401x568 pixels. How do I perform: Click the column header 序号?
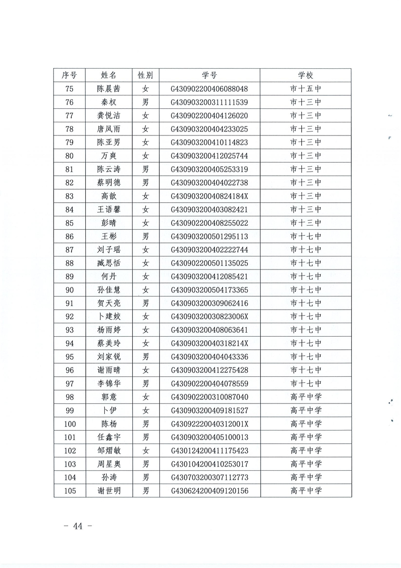(x=69, y=75)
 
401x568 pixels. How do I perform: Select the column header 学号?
(x=210, y=75)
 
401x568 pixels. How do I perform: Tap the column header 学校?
(x=305, y=75)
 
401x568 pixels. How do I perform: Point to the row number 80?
(x=69, y=156)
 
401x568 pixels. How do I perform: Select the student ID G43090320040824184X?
(x=210, y=196)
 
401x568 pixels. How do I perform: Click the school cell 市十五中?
(x=305, y=89)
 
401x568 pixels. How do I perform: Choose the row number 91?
(x=69, y=303)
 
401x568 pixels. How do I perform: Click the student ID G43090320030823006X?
(x=210, y=317)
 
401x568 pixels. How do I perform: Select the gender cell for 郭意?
(x=145, y=397)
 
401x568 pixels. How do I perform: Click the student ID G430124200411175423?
(x=210, y=451)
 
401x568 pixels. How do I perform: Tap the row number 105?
(x=69, y=491)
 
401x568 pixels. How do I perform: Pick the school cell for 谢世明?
(x=305, y=491)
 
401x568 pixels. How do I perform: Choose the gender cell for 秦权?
(x=145, y=102)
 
